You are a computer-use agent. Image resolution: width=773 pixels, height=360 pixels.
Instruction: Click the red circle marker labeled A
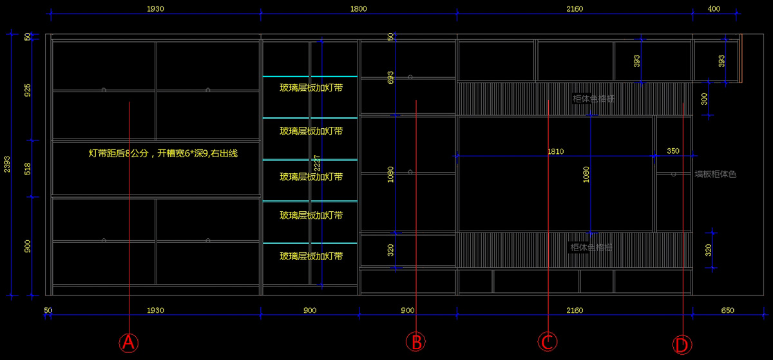129,342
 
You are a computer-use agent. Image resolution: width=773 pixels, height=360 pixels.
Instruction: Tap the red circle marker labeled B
416,341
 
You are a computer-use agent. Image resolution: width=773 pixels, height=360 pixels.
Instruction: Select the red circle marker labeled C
548,341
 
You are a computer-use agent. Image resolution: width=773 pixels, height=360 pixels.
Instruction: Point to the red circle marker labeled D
681,345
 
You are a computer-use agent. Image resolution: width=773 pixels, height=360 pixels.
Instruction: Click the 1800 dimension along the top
359,9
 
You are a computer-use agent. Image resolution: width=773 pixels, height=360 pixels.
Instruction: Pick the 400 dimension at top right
714,9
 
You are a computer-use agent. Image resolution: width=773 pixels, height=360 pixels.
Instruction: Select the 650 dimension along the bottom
728,310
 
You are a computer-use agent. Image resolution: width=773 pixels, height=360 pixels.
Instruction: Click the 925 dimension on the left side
27,90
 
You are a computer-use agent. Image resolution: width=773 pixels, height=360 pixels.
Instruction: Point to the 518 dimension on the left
27,168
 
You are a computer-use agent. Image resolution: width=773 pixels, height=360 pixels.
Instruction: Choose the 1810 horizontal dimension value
555,151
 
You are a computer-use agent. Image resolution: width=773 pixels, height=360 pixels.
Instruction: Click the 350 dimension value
673,151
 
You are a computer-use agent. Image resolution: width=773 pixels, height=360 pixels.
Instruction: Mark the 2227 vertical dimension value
317,164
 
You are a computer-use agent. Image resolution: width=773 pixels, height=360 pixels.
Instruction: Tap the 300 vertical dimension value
704,99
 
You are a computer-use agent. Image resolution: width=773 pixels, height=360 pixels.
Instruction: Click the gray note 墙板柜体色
715,174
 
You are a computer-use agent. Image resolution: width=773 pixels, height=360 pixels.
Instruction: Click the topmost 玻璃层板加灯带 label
310,88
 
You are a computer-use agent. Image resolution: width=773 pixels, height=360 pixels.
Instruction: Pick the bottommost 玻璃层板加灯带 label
310,256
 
